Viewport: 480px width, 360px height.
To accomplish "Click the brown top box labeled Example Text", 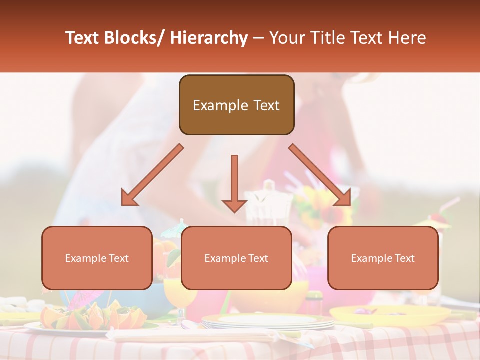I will click(236, 105).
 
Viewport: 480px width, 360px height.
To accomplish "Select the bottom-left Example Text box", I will click(97, 258).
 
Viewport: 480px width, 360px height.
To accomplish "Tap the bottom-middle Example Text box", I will click(236, 258).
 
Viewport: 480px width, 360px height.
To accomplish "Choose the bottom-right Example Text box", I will click(383, 258).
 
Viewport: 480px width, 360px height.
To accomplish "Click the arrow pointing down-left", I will click(150, 177).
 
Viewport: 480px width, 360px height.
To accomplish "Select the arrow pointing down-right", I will click(322, 177).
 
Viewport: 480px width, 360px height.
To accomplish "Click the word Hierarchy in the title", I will click(209, 38).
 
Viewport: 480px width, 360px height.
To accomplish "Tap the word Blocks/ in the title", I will click(134, 38).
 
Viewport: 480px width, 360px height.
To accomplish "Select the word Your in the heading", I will click(286, 38).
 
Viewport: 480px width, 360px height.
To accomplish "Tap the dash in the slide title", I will click(258, 38).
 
